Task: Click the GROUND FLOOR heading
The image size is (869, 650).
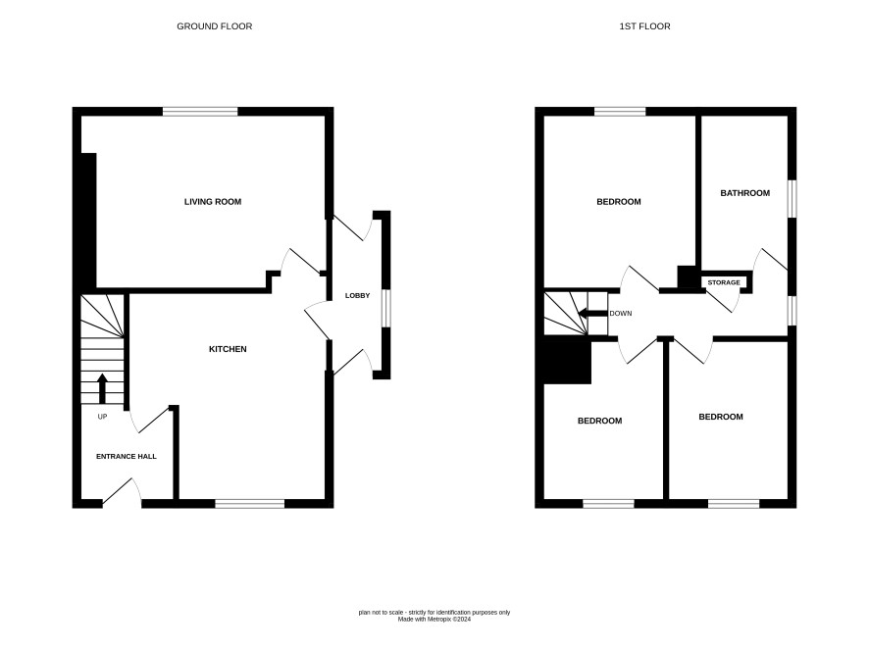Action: [x=215, y=26]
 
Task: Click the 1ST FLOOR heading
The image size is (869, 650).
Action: [x=644, y=26]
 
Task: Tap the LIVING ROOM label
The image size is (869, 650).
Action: [x=213, y=202]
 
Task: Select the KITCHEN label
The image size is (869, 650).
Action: [x=228, y=349]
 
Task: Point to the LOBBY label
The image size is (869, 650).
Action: [x=357, y=296]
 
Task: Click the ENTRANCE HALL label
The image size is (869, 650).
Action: [x=127, y=457]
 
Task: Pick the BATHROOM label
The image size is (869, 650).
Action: [x=744, y=193]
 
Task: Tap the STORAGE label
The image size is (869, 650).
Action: [x=724, y=282]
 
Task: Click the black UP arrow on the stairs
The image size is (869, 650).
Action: [x=102, y=388]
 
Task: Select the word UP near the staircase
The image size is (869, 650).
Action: [x=103, y=417]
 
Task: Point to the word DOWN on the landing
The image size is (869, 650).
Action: [x=621, y=314]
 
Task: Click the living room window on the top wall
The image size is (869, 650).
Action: [x=200, y=112]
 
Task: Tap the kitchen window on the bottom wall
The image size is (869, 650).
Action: [x=250, y=504]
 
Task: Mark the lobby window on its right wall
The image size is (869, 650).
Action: [x=386, y=308]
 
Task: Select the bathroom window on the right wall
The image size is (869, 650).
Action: [x=792, y=199]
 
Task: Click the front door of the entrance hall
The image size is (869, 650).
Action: [x=121, y=490]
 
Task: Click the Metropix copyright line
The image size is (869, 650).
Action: [x=434, y=620]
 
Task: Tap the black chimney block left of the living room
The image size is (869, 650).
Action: [x=88, y=221]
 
